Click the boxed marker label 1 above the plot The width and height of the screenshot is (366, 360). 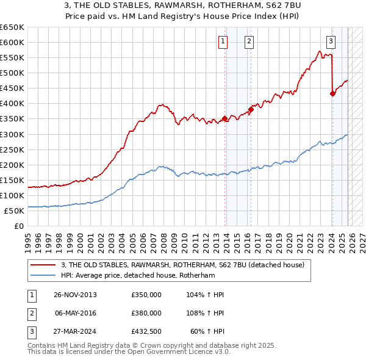coord(223,41)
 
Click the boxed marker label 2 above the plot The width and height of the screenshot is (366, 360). coord(250,41)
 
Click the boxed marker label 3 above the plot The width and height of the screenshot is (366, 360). coord(331,41)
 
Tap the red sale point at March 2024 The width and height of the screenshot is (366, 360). coord(332,93)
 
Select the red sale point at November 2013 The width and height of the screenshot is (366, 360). coord(225,118)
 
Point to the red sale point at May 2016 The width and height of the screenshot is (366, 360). coord(251,110)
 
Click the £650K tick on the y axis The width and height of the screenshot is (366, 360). coord(12,27)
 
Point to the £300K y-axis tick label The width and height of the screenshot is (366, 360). coord(12,134)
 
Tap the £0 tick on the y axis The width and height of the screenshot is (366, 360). coord(19,226)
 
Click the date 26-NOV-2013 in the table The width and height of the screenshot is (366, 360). coord(76,295)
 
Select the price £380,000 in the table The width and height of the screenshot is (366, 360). coord(146,313)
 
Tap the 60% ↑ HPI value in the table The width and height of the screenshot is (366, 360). coord(207,331)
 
